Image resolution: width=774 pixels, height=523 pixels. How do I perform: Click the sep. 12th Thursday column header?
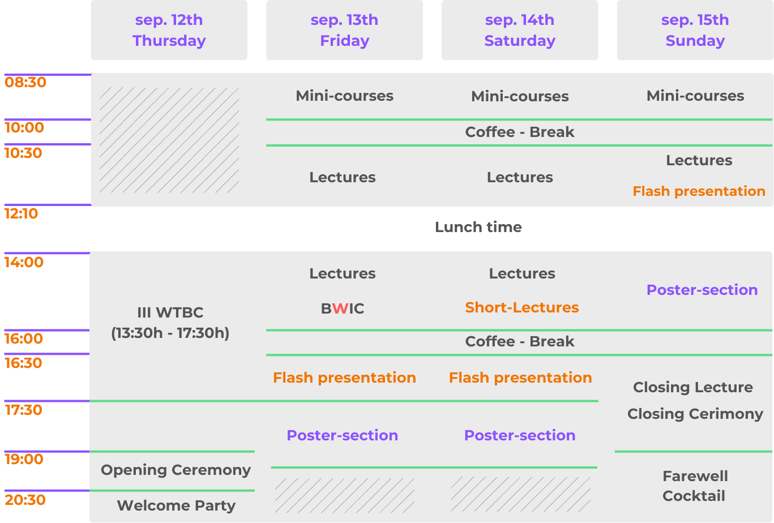[169, 30]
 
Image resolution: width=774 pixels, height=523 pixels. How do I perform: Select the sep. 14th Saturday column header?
[520, 30]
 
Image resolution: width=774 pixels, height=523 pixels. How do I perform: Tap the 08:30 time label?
[25, 83]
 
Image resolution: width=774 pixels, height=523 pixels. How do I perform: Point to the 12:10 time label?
[21, 213]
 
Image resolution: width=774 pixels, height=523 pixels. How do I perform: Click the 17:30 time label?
[23, 410]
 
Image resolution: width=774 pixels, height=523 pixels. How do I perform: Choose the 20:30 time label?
[25, 500]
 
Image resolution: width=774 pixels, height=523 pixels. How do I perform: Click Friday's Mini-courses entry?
[344, 96]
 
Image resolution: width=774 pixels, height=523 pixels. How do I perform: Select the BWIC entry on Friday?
[343, 308]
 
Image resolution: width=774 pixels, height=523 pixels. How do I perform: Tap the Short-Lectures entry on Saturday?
[522, 307]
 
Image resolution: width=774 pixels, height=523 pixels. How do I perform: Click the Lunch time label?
[478, 227]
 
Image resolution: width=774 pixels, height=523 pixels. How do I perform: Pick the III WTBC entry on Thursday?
[170, 323]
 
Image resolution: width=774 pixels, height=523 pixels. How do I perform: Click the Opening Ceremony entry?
[176, 470]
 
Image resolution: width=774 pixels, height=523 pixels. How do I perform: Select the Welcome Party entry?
[176, 505]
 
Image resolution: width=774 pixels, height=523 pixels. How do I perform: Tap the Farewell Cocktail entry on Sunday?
[695, 486]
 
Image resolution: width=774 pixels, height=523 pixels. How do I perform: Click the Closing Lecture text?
[693, 387]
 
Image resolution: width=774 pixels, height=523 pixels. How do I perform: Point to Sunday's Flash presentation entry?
[699, 191]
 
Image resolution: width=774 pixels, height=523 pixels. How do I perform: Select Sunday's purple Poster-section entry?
[702, 290]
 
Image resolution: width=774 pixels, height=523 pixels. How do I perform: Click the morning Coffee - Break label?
[520, 132]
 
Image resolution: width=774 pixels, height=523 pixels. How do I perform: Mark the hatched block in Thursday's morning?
[169, 140]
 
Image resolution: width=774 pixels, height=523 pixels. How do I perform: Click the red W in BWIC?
[341, 308]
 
